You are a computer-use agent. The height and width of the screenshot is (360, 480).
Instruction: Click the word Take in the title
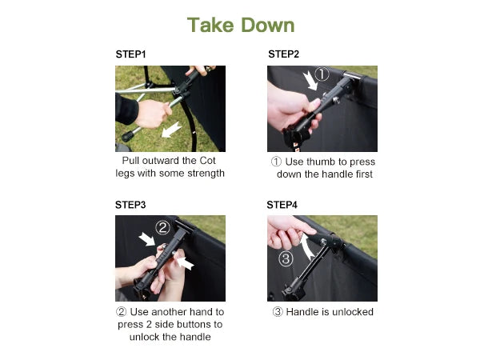210,25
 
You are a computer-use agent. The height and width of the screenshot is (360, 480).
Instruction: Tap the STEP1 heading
130,54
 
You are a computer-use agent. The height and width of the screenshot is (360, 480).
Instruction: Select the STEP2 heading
283,54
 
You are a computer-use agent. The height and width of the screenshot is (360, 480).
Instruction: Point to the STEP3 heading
130,205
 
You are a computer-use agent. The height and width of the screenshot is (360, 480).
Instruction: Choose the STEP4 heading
282,205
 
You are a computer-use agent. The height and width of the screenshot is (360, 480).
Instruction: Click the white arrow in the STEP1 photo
171,130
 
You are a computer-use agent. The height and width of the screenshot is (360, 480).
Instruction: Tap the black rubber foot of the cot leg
128,136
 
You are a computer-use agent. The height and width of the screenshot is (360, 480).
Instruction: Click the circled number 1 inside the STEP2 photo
322,74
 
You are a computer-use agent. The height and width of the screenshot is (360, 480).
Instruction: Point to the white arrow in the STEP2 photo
310,81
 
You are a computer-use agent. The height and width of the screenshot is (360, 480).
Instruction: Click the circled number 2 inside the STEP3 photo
162,227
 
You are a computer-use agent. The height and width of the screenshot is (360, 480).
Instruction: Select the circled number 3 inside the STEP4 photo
286,258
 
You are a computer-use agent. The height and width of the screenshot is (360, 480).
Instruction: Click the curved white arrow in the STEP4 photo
306,246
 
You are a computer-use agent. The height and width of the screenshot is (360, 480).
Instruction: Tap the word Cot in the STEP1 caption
207,161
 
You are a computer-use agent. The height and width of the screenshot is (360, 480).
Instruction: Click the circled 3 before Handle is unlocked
278,312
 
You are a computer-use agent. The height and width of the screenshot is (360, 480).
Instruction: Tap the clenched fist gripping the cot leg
153,114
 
